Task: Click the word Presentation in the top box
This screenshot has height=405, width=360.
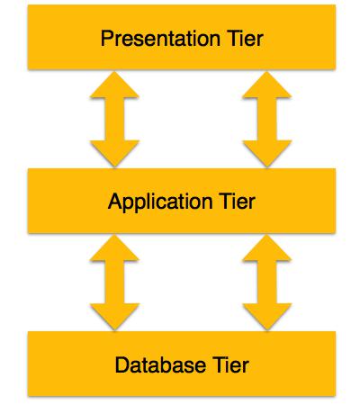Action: click(x=160, y=39)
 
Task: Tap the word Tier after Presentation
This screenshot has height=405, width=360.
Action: click(x=246, y=39)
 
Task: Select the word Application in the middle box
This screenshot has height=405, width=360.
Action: click(x=160, y=202)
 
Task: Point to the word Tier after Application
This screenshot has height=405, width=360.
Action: click(x=238, y=201)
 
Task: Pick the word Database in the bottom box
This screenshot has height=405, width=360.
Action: click(x=160, y=364)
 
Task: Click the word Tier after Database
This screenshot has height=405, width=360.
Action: click(x=231, y=364)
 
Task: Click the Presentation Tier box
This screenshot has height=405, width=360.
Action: click(x=182, y=37)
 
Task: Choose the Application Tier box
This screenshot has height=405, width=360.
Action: click(x=182, y=201)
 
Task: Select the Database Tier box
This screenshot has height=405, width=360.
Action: click(x=182, y=364)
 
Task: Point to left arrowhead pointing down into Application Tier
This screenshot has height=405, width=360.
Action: click(x=114, y=153)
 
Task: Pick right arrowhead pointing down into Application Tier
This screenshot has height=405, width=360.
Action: click(x=266, y=153)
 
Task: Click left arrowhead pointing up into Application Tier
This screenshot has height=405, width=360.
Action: click(x=114, y=249)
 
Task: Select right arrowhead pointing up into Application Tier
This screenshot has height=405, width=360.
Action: click(x=266, y=249)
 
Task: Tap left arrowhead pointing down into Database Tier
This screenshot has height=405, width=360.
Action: click(x=114, y=316)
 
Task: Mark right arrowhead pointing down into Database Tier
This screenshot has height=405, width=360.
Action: click(x=266, y=316)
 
